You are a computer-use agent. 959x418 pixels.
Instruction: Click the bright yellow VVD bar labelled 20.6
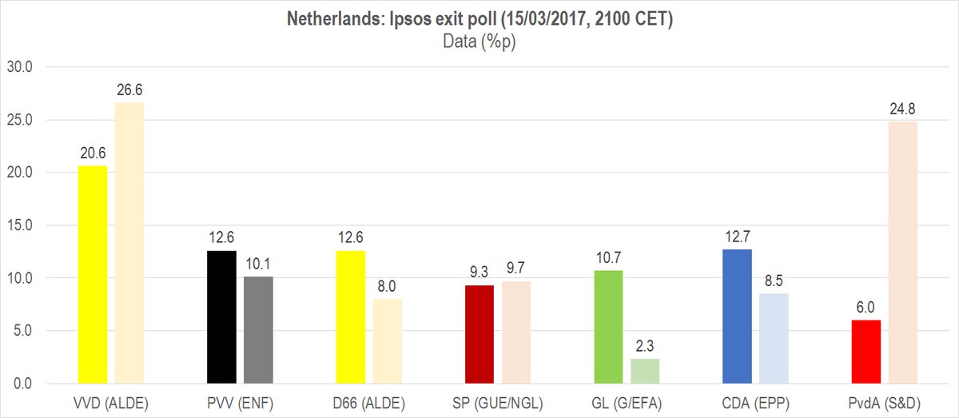pos(93,275)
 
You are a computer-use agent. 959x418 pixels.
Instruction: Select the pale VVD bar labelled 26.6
pos(129,243)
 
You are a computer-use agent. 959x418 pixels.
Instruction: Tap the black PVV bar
pos(221,317)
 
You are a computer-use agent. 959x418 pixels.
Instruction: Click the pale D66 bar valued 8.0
pos(387,341)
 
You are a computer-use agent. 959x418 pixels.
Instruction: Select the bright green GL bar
pos(608,327)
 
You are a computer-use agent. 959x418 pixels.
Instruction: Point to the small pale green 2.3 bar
pos(645,372)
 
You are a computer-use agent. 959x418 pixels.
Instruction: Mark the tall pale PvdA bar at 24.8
pos(902,253)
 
